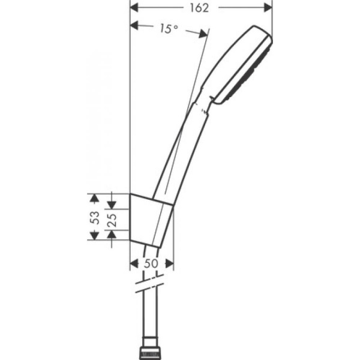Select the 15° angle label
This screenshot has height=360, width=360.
(169, 28)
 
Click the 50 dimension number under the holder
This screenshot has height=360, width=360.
(152, 263)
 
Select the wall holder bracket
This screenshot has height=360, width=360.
(152, 220)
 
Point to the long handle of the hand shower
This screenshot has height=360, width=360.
(180, 150)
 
